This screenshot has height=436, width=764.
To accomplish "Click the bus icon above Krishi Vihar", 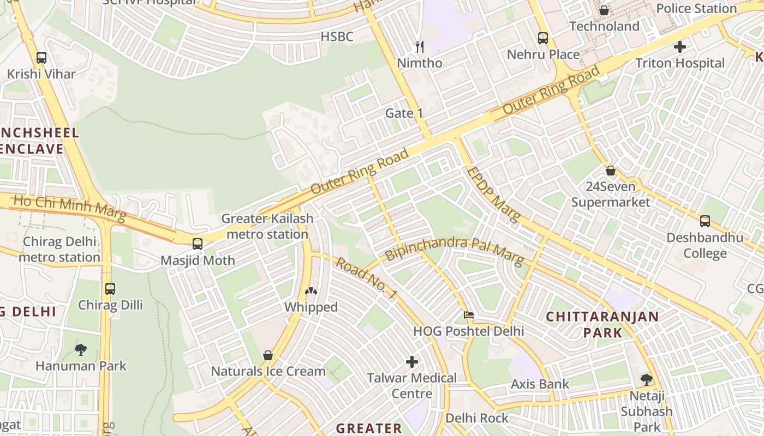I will coord(41,57).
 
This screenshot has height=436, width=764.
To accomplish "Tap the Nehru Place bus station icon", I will coord(542,38).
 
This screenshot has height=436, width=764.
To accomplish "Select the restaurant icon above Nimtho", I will coord(419,47).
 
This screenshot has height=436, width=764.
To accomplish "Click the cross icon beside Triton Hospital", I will coord(679,47).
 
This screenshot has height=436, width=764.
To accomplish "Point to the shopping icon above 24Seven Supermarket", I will coord(610,171).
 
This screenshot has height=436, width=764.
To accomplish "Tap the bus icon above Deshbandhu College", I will coord(705,221).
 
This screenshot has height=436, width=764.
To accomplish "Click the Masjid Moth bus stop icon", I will coord(198,244).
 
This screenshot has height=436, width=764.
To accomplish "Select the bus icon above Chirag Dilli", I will coord(110,288).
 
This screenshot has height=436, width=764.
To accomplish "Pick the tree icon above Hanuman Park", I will coord(81,349).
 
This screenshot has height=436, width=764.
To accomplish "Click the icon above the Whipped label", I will coord(311,292).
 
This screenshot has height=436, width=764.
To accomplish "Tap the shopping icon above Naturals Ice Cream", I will coord(268,355).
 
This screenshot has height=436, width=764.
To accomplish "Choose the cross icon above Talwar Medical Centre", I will coord(412,361).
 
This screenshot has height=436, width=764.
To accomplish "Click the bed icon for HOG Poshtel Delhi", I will coord(468,315).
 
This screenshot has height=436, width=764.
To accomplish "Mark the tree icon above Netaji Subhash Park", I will coord(646,379).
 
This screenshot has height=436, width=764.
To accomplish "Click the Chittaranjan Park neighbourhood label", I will coord(602,324).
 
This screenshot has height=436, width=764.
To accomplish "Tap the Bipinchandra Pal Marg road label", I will coord(454,249).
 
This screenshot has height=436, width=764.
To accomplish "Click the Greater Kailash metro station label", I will coord(267,226).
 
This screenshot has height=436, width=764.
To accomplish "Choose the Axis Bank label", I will coord(540,384).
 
